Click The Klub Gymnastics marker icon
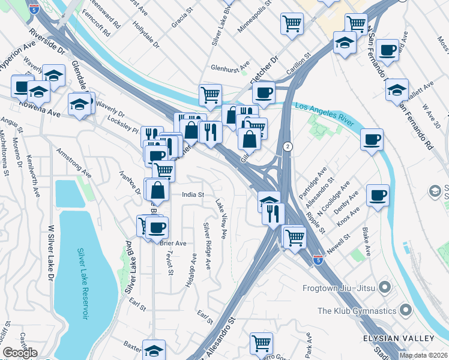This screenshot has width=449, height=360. coord(406,311)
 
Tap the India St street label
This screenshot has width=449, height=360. coord(193,195)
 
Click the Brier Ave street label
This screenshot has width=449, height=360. coord(173,243)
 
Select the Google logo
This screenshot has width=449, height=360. coord(20,353)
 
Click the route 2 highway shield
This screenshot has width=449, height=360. coord(288,146)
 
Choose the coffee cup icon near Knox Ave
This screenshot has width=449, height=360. coord(378,196)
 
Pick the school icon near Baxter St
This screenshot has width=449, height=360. coord(154,350)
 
